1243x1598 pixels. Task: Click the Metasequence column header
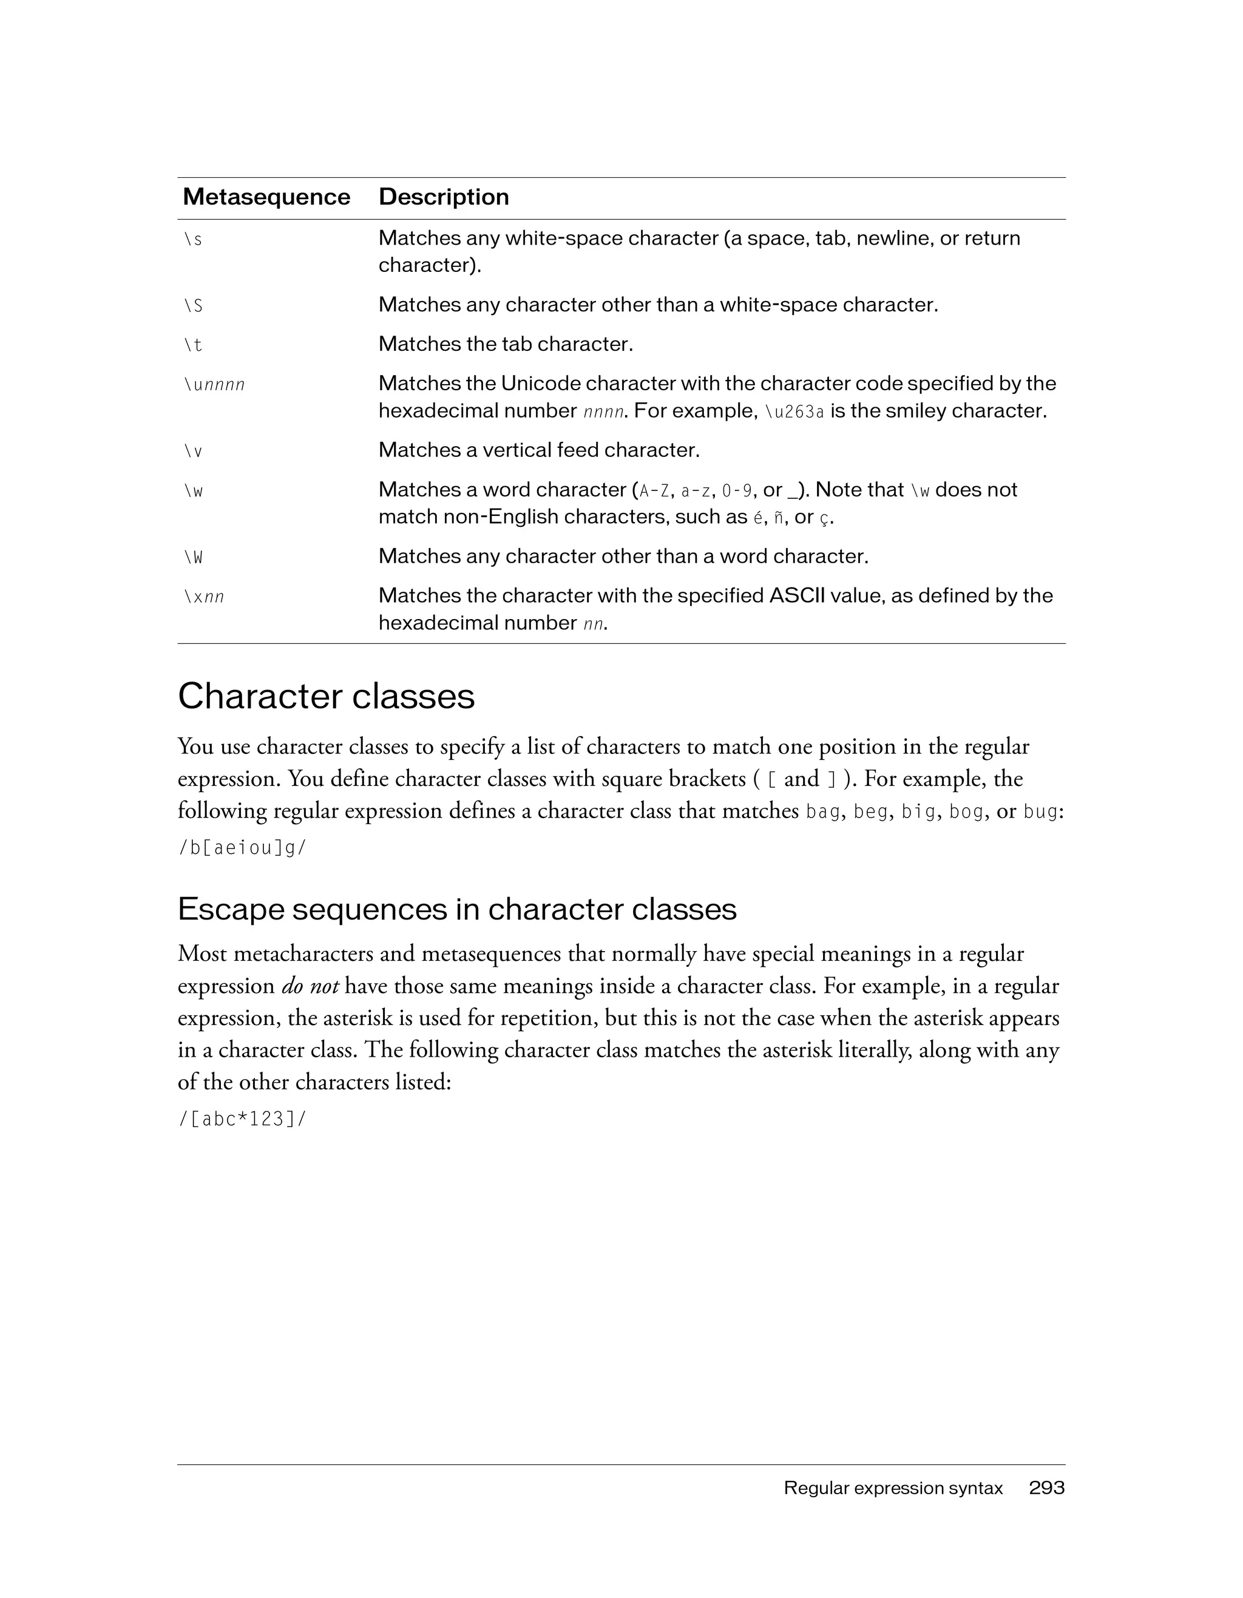266,197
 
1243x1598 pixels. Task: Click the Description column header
443,197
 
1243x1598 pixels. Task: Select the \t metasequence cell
193,345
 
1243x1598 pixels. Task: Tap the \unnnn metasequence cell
214,384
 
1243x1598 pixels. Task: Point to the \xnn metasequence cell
203,597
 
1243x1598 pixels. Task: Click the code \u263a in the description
794,412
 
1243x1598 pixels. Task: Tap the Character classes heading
327,696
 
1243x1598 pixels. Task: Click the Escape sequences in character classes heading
457,910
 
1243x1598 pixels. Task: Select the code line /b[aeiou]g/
242,848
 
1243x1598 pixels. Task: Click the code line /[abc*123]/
242,1120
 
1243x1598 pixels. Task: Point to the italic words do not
310,986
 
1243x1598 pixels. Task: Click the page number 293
1046,1488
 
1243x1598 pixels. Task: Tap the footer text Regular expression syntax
893,1488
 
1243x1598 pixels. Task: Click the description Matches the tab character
506,344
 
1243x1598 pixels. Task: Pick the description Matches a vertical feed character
539,450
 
